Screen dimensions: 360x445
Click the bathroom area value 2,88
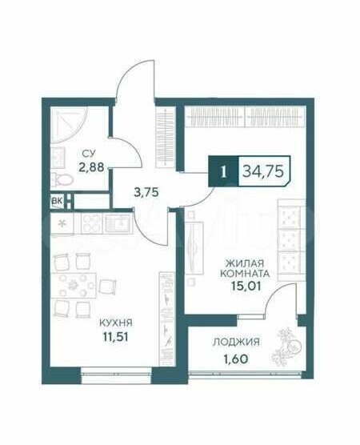tap(91, 167)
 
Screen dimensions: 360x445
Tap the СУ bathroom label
tap(89, 154)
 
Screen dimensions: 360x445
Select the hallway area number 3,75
tap(146, 192)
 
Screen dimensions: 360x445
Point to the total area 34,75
tap(263, 171)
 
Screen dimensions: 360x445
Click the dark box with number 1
tap(223, 171)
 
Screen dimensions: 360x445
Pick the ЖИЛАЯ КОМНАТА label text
tap(245, 268)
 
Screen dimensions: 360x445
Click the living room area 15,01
tap(246, 286)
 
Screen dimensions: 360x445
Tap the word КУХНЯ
tap(116, 323)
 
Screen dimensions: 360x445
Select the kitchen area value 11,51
tap(116, 337)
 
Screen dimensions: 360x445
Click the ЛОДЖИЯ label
tap(236, 343)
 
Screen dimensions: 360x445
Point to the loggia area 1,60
tap(236, 359)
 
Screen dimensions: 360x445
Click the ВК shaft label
tap(58, 201)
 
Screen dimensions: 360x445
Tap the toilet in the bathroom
tap(62, 179)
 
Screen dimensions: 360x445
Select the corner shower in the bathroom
tap(67, 125)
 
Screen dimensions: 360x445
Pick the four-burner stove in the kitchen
tap(91, 223)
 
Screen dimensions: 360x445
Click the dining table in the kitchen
tap(74, 285)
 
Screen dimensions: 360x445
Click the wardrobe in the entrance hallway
tap(165, 138)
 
